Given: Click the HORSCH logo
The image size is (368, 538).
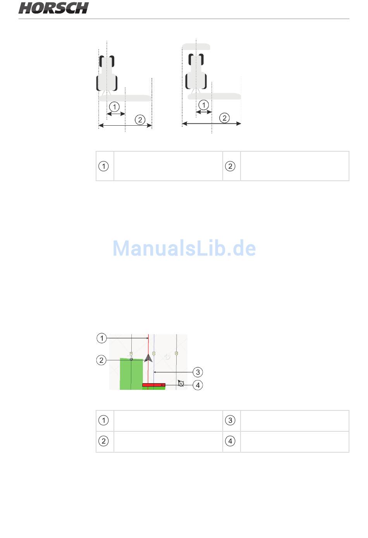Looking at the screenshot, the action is coord(53,8).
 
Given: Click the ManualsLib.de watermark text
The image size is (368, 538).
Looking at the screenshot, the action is coord(184,248).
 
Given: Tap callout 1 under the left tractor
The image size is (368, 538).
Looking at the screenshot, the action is coord(114,106).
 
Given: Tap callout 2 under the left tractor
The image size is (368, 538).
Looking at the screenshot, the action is coord(140,119).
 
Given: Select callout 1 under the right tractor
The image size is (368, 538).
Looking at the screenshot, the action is coord(203,105).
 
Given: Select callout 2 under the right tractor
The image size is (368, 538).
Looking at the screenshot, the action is coord(224,118).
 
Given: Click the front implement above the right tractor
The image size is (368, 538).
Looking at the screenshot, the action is coord(196,47).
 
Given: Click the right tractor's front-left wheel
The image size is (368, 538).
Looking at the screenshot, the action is coord(190,60).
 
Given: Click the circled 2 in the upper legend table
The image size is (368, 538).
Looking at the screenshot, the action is coord(230,166).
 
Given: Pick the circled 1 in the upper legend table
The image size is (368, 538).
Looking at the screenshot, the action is coord(103,166).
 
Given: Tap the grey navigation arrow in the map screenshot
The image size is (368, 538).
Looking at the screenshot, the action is coord(148,358).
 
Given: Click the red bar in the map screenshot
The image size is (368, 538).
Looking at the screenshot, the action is coord(153,385).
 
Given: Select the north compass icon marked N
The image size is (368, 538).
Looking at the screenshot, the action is coord(181,383).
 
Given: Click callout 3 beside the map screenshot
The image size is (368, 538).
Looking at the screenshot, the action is coord(198,372).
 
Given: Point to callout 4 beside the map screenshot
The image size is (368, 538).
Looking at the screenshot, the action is coord(198,385).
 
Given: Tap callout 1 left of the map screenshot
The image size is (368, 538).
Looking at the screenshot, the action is coord(101,338).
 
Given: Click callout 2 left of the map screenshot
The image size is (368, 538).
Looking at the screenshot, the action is coord(101,360).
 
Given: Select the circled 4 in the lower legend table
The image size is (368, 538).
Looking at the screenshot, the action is coord(230,441).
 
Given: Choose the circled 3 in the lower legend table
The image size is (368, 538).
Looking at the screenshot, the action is coord(230,420).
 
